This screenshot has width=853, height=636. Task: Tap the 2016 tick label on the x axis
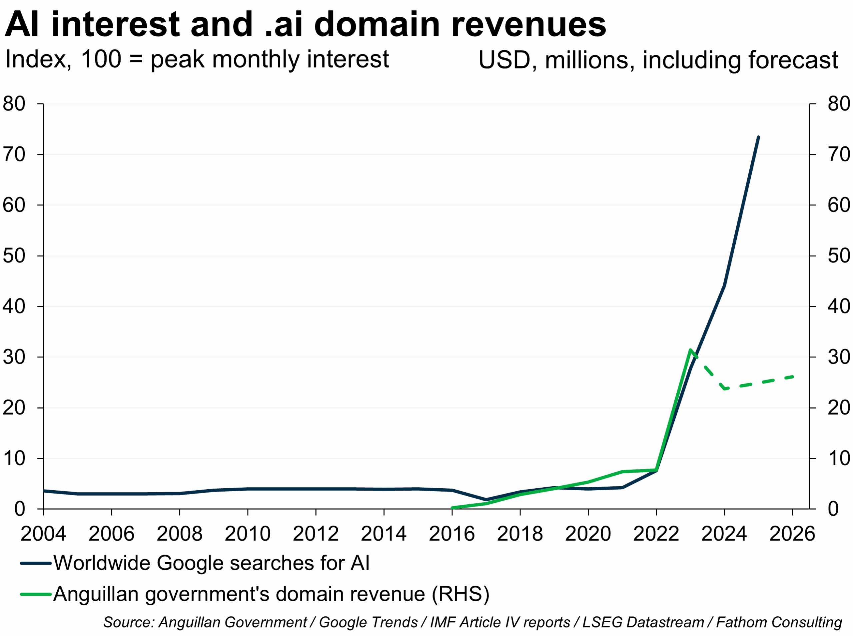click(x=452, y=534)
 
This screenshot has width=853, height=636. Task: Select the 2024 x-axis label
click(x=724, y=534)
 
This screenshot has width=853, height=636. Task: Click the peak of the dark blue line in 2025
click(x=758, y=137)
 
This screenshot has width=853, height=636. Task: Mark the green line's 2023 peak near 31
click(x=690, y=350)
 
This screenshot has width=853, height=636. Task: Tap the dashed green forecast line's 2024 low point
click(x=724, y=389)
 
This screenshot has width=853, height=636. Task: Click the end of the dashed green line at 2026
click(x=792, y=377)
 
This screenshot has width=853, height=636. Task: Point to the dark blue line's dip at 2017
click(x=486, y=500)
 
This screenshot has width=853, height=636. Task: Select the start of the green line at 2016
click(x=452, y=508)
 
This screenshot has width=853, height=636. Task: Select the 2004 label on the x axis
click(x=43, y=534)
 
